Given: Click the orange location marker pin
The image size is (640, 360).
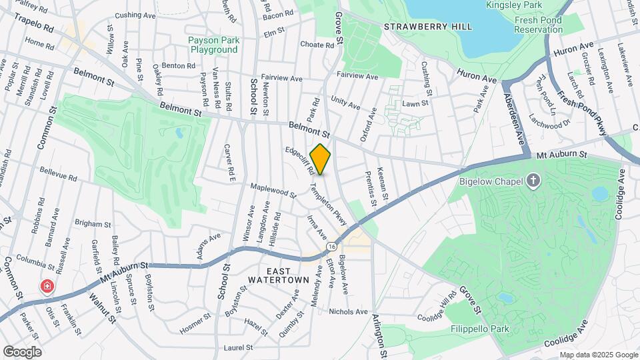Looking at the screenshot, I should point(321,159).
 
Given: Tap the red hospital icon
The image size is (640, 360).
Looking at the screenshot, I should point(47,287).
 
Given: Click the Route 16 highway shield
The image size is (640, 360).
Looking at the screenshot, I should point(331,247).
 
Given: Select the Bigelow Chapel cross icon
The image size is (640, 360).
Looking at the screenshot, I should point(533,180).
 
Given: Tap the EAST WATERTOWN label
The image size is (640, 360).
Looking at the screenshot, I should point(289,275).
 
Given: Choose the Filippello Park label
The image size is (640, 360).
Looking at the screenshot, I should point(483,329).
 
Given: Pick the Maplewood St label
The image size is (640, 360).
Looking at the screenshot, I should point(273,192).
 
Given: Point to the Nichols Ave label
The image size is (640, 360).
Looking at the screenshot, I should point(348,311).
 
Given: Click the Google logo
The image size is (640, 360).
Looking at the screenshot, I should point(22,351).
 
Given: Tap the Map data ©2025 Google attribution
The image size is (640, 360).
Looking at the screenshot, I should point(598,355).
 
